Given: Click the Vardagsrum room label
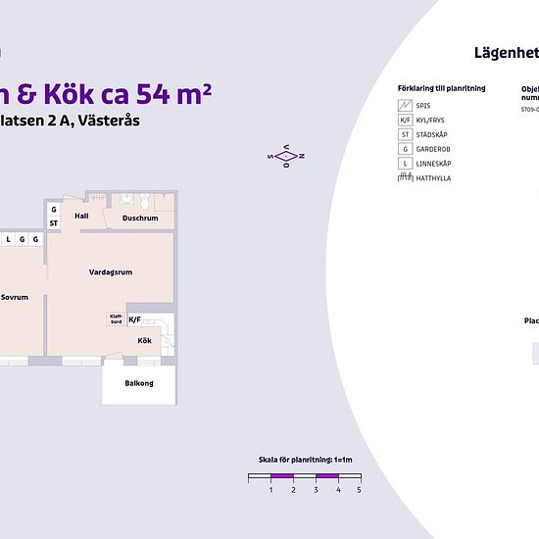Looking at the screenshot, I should [x=110, y=272].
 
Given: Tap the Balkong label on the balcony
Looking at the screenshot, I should [x=139, y=383].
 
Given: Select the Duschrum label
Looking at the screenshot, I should [x=140, y=218].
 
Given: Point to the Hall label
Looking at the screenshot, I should [x=81, y=216].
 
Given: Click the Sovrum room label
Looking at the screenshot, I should [x=14, y=296].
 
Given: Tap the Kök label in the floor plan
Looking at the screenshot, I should [x=144, y=341].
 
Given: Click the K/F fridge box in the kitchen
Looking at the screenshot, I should [x=135, y=319].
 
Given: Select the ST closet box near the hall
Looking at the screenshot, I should [x=54, y=223].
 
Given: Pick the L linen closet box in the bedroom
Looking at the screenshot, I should [x=9, y=239].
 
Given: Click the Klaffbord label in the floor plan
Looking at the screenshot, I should [x=115, y=318].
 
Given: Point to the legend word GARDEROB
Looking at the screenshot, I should [x=435, y=148].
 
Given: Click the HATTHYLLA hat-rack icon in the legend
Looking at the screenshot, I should [x=405, y=177].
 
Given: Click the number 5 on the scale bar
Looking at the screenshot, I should [x=359, y=489].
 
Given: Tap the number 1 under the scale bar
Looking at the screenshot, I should [x=270, y=489].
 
